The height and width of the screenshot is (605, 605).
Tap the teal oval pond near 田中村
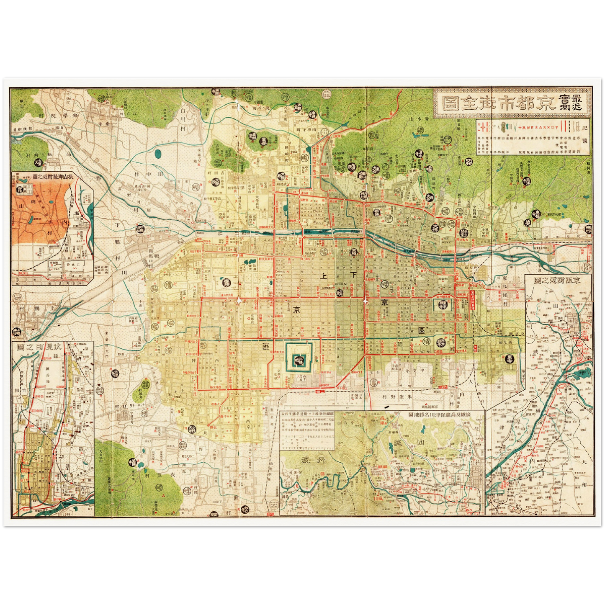tap(157, 154)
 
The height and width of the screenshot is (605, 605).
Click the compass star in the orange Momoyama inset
tap(50, 192)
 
